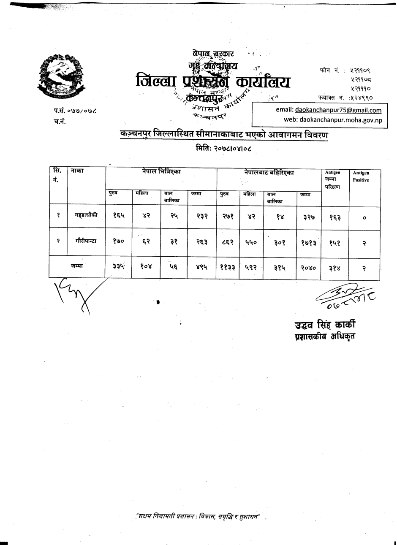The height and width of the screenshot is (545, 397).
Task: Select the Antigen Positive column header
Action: click(x=361, y=176)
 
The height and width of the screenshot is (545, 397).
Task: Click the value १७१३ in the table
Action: click(x=308, y=242)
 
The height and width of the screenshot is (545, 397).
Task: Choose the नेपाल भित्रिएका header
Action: click(x=161, y=173)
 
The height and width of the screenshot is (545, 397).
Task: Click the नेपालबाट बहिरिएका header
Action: click(x=269, y=173)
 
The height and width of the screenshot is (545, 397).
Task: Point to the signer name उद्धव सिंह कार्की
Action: click(x=325, y=325)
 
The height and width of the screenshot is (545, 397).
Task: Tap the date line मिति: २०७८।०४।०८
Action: click(x=226, y=148)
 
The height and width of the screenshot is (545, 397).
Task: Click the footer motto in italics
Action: click(x=200, y=516)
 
